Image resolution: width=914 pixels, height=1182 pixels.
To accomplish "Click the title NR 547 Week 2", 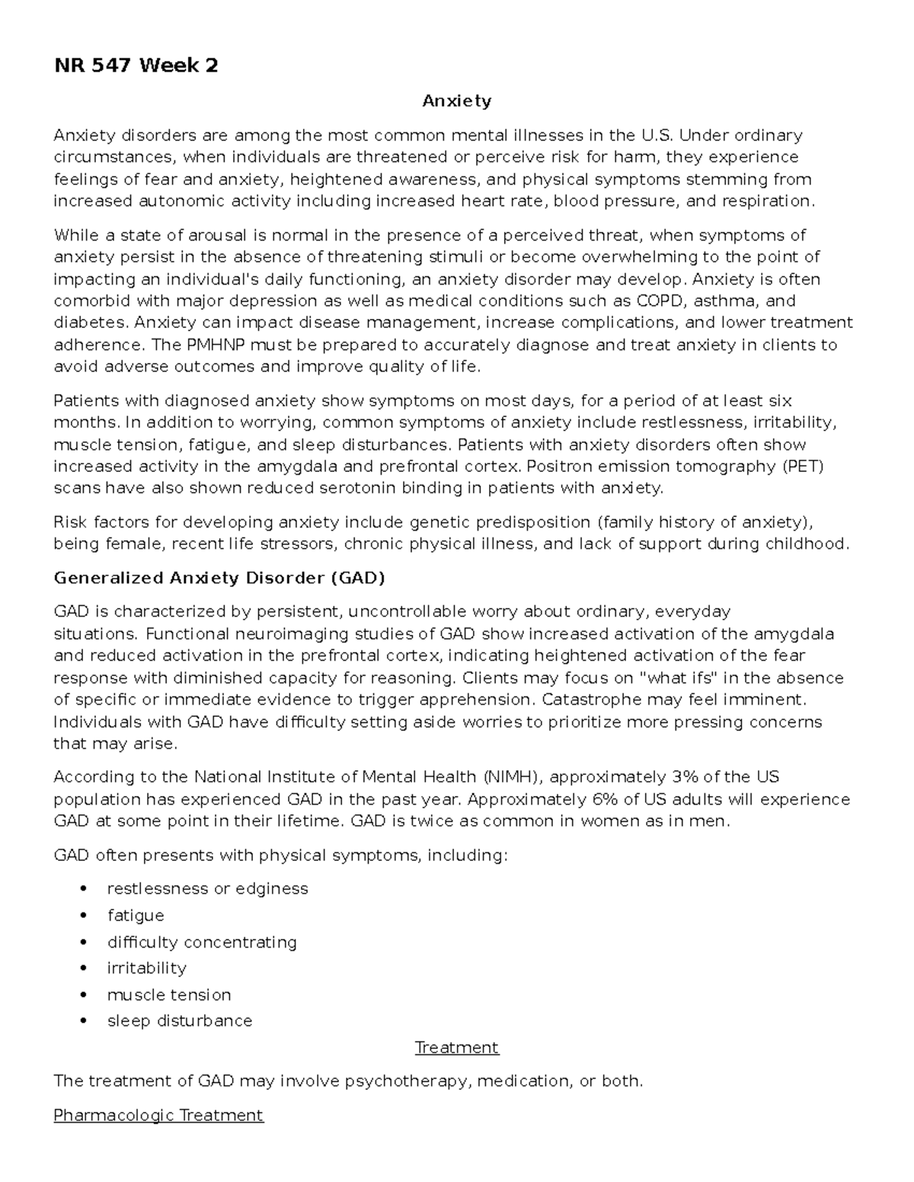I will pos(136,66).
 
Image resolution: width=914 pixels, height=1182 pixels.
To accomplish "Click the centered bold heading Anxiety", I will pos(457,100).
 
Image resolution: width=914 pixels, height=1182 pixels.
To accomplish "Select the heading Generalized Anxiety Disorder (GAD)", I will pos(219,578).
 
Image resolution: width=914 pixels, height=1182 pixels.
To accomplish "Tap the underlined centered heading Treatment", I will pos(457,1047).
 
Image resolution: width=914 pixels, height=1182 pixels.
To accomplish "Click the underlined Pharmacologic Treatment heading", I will pos(158,1115).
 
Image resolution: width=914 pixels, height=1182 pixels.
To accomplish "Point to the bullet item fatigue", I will pos(136,915).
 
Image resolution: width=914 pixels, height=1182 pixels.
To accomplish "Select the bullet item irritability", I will pos(147,968).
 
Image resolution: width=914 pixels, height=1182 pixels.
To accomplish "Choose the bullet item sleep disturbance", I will pos(180,1021).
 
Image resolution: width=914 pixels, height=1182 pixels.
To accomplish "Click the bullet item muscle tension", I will pos(169,995).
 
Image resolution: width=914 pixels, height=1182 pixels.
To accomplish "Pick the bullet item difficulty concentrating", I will pos(202,942).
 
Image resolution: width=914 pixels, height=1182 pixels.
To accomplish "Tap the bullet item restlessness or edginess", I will pos(207,889).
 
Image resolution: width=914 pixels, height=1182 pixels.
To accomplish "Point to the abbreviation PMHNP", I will pos(216,345).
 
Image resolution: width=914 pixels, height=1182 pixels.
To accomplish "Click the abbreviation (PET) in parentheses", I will pos(803,467).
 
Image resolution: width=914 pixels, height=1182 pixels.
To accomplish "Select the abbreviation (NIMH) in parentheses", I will pos(513,777).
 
